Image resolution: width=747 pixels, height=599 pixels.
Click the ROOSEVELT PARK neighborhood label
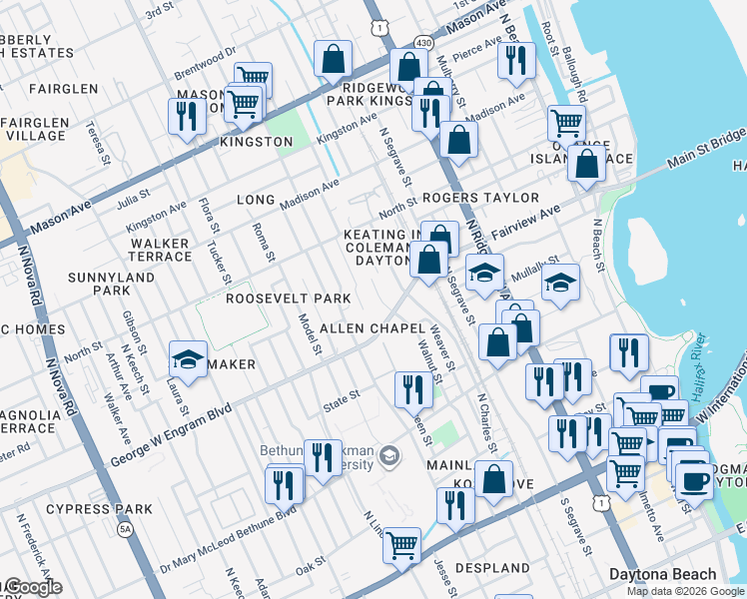click(288, 299)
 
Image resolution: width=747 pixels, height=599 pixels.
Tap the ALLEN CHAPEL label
click(373, 328)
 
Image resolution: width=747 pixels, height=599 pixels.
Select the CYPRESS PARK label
click(105, 509)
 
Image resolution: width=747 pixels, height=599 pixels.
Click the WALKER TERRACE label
click(161, 250)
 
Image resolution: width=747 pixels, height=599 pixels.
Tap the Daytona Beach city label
click(662, 575)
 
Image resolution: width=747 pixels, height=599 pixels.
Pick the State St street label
click(341, 402)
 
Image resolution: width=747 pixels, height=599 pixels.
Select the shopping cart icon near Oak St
click(401, 545)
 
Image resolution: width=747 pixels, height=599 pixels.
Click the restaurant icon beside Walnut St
click(412, 388)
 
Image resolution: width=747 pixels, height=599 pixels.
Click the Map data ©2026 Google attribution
click(685, 591)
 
